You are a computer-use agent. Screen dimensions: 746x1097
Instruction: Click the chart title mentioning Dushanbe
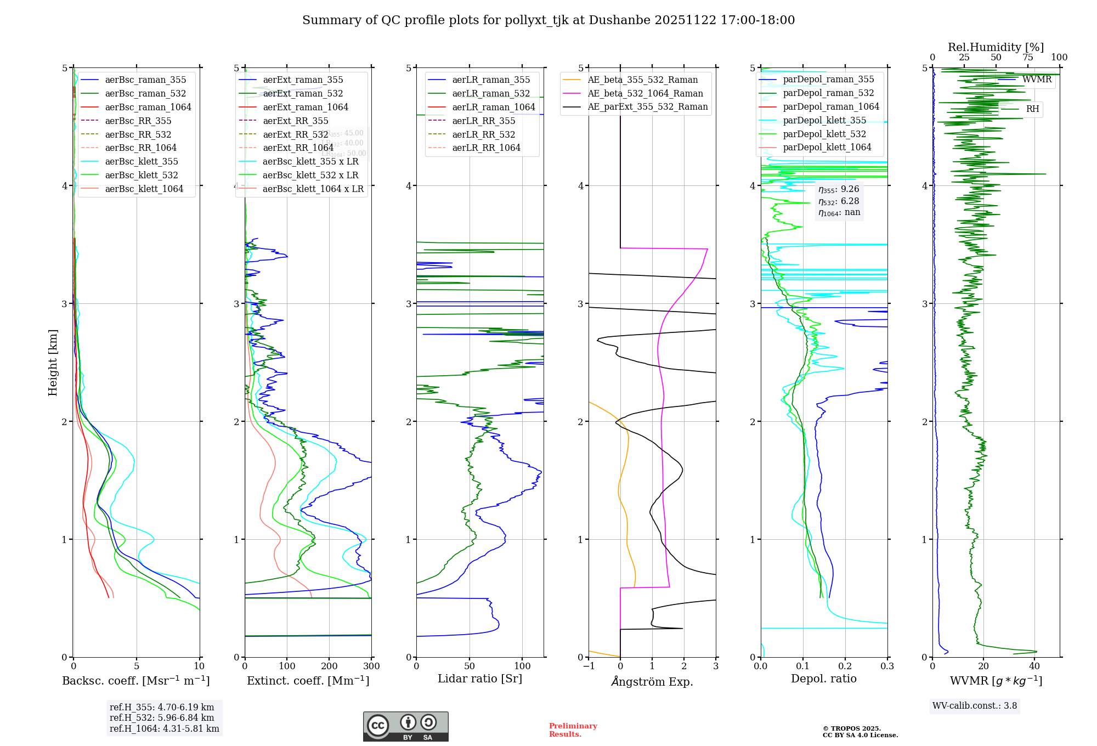point(548,20)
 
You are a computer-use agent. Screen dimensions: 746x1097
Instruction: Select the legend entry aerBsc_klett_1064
point(144,189)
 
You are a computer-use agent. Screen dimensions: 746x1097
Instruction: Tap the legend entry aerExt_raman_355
point(303,80)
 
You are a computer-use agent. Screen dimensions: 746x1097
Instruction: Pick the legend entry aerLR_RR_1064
point(486,148)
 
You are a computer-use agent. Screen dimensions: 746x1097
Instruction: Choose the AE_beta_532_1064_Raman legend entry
point(645,93)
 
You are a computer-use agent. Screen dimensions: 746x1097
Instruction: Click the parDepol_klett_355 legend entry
point(824,120)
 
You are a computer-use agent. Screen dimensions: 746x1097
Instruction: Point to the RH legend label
point(1032,109)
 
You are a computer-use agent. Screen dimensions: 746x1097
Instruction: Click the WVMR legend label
point(1037,80)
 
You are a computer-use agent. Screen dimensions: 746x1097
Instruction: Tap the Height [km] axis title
point(53,363)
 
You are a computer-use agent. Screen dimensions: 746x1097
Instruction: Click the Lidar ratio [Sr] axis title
point(480,679)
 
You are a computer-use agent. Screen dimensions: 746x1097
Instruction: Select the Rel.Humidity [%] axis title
point(996,47)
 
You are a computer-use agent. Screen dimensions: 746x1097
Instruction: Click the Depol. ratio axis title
point(823,679)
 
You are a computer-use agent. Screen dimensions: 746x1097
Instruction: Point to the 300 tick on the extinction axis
point(371,666)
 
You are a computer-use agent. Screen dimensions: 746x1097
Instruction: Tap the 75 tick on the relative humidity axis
point(1027,58)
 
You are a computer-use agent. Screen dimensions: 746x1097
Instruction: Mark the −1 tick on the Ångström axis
point(589,666)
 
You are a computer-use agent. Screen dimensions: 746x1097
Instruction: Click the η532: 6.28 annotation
point(839,201)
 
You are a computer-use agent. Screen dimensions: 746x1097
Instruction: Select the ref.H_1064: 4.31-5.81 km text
point(164,728)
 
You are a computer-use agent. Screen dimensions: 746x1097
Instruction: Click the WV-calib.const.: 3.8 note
point(974,705)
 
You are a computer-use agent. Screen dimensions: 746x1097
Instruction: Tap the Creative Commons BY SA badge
point(405,726)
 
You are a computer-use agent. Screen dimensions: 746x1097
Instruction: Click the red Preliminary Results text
point(573,730)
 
